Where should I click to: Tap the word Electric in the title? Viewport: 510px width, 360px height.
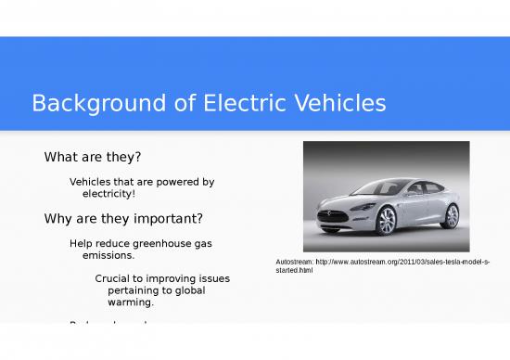[223, 103]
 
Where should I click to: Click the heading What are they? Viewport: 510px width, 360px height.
[93, 157]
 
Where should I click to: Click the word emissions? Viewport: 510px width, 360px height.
[108, 255]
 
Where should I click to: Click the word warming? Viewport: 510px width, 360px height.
[131, 302]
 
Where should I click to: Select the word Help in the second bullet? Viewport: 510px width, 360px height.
[82, 243]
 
